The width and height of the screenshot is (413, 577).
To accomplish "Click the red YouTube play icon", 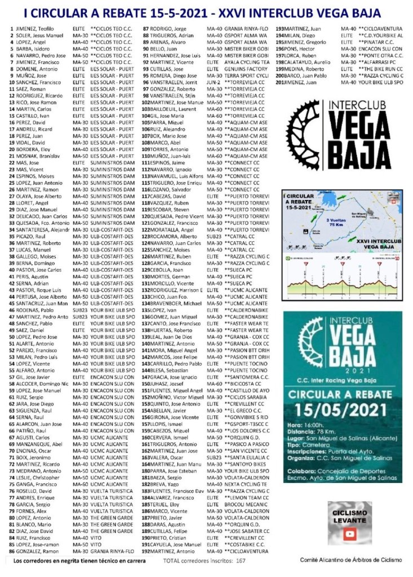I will click(350, 534).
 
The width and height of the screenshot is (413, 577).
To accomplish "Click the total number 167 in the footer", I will click(241, 561).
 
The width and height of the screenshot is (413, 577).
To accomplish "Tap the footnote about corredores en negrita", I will click(79, 561).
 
